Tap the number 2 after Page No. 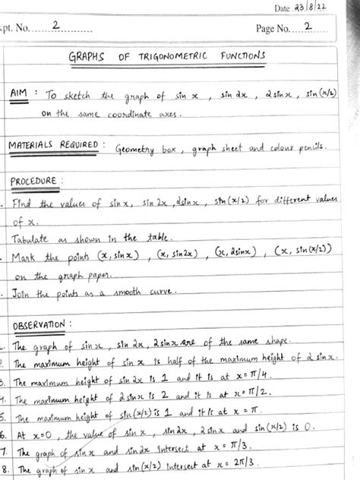(x=305, y=26)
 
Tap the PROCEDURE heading (x=37, y=182)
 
